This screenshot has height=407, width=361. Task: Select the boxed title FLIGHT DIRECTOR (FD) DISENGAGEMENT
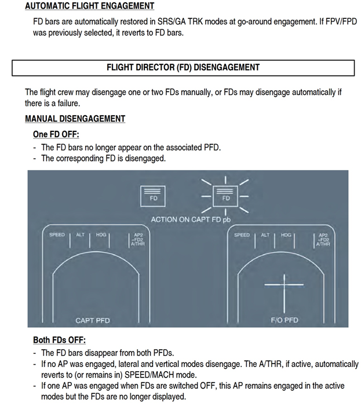[x=183, y=67]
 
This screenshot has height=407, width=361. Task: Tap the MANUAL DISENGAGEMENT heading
[x=75, y=119]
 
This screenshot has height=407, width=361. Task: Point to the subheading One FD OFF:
[x=56, y=134]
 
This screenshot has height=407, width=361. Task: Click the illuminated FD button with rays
[x=226, y=196]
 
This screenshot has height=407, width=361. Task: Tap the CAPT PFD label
[x=93, y=320]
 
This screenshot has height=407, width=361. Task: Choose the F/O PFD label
[x=284, y=320]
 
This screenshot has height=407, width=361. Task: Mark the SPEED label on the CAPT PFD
[x=57, y=235]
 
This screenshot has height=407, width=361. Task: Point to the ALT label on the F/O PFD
[x=265, y=235]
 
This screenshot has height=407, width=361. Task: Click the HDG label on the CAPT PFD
[x=101, y=235]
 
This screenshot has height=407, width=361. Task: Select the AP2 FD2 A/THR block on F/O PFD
[x=323, y=240]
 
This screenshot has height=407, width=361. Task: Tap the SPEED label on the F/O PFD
[x=242, y=235]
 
